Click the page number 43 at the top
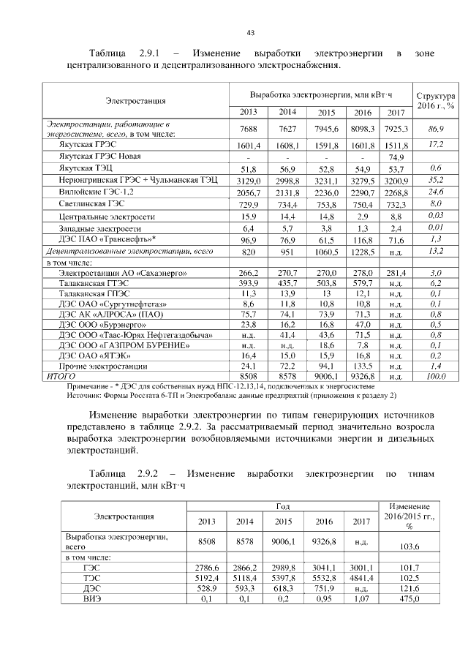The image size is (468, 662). pyautogui.click(x=250, y=33)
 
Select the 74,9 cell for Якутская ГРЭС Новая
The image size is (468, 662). pyautogui.click(x=396, y=157)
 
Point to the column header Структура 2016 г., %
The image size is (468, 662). pyautogui.click(x=435, y=101)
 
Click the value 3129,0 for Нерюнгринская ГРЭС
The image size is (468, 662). pyautogui.click(x=249, y=180)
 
